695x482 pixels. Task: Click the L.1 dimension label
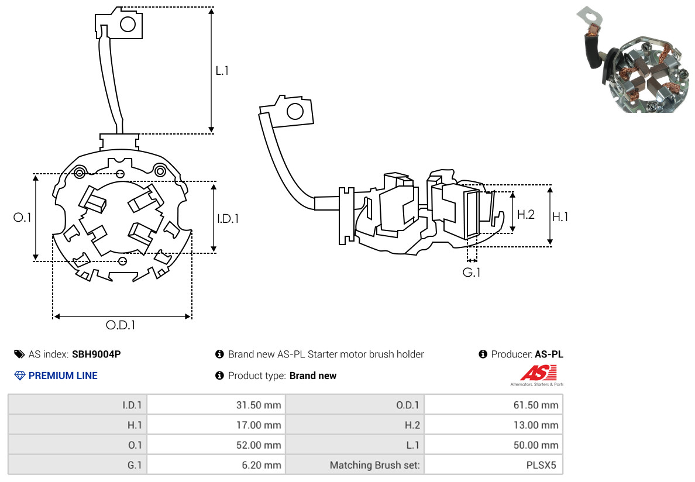tap(222, 71)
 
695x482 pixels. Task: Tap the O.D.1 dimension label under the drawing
tap(121, 326)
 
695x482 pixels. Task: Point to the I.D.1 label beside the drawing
tap(228, 219)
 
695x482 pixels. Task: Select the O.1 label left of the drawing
tap(22, 218)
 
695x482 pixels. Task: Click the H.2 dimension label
tap(525, 215)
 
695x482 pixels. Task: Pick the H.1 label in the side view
tap(560, 217)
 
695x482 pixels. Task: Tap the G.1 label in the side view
tap(472, 273)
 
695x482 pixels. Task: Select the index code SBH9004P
tap(96, 354)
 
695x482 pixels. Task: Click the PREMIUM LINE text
tap(63, 376)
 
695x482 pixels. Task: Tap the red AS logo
tap(538, 373)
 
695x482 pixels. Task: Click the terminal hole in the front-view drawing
tap(128, 24)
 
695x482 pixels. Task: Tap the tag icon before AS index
tap(19, 354)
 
